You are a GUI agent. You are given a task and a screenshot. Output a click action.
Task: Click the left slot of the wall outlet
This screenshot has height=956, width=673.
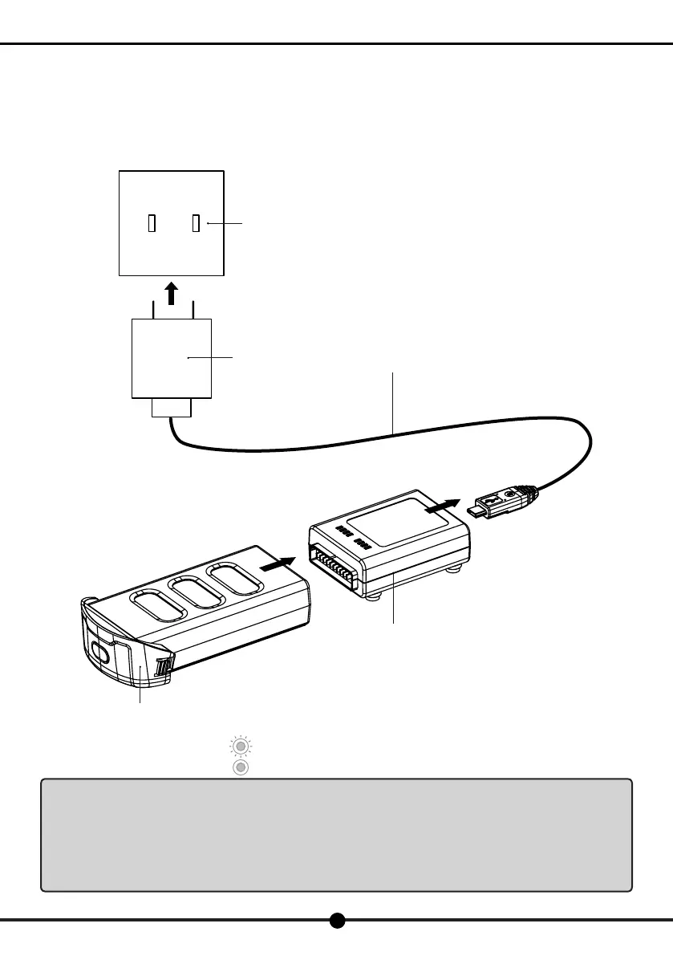(x=151, y=223)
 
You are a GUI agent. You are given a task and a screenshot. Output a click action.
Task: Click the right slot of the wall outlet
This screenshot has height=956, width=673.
(x=195, y=223)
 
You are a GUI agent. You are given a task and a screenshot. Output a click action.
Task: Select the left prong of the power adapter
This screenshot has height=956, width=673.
(x=153, y=309)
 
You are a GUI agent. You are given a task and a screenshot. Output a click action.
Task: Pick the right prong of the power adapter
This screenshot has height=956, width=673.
(x=193, y=309)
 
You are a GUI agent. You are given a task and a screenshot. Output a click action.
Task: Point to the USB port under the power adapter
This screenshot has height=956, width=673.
(x=172, y=409)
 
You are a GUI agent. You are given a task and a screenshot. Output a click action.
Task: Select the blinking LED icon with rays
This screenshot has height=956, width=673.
(x=238, y=746)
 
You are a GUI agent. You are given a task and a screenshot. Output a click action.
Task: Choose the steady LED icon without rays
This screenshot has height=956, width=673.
(x=238, y=767)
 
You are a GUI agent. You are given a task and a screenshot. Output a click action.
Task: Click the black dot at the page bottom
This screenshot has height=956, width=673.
(x=338, y=921)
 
